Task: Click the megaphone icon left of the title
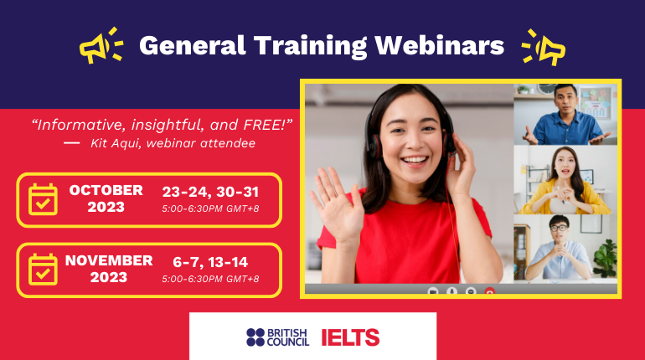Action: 95,47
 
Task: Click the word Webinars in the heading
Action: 439,45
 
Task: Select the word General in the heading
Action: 193,45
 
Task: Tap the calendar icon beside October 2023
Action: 43,199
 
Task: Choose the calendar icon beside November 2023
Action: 43,270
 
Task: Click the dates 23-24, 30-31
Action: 210,192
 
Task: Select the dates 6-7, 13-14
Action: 210,262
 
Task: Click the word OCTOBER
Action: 106,190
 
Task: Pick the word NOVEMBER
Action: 109,260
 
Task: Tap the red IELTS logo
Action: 350,337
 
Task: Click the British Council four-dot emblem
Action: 255,337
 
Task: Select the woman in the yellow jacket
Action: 565,181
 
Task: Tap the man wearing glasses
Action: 559,248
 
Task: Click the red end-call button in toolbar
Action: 489,292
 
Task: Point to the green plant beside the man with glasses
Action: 606,258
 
